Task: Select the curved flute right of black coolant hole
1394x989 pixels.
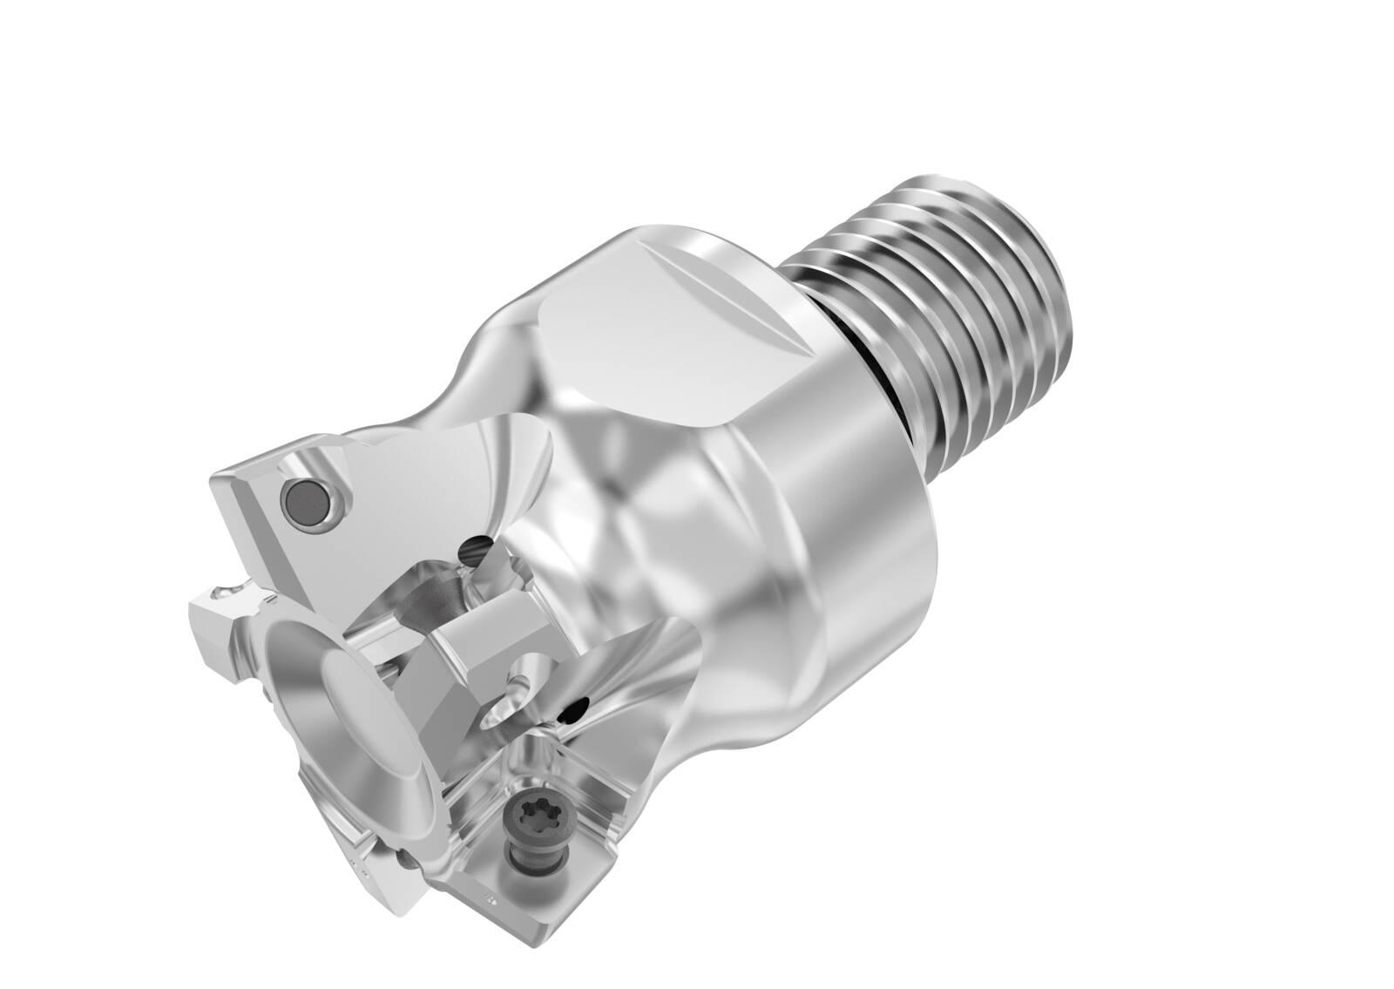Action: [x=645, y=688]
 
